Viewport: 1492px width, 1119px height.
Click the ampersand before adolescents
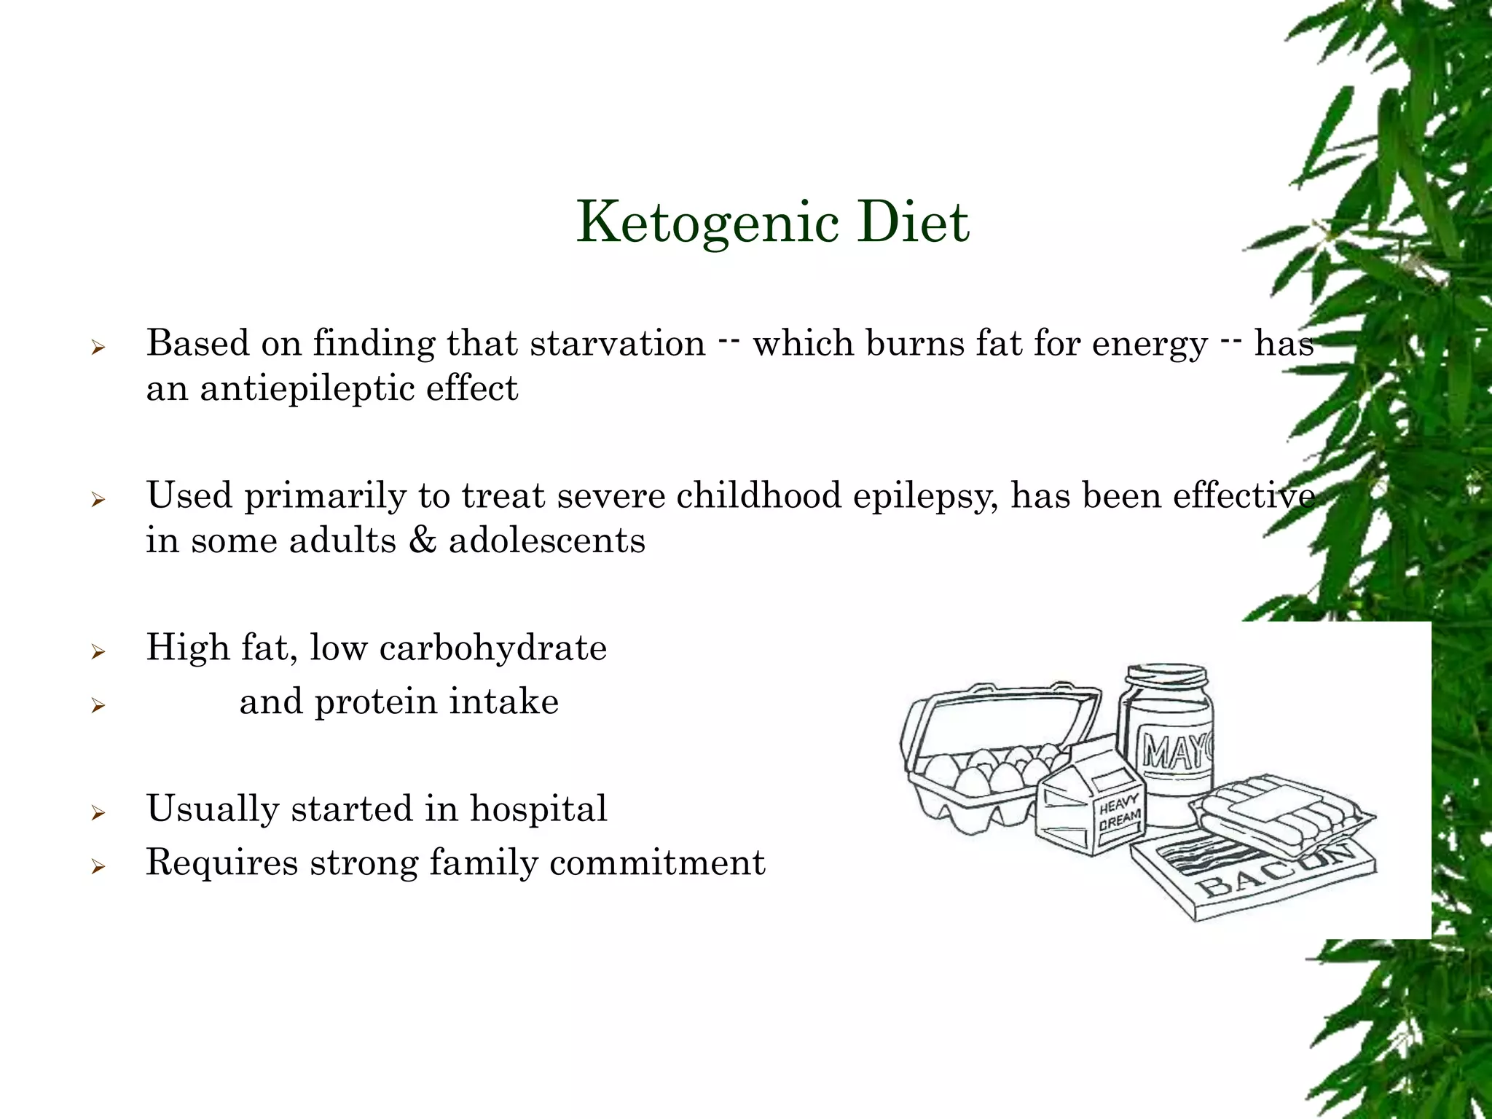tap(423, 540)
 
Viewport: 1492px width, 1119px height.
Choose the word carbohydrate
tap(493, 647)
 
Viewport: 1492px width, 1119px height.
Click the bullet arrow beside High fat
tap(98, 651)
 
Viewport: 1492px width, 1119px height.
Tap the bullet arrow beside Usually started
tap(98, 812)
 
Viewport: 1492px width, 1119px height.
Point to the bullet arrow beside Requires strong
tap(98, 866)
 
